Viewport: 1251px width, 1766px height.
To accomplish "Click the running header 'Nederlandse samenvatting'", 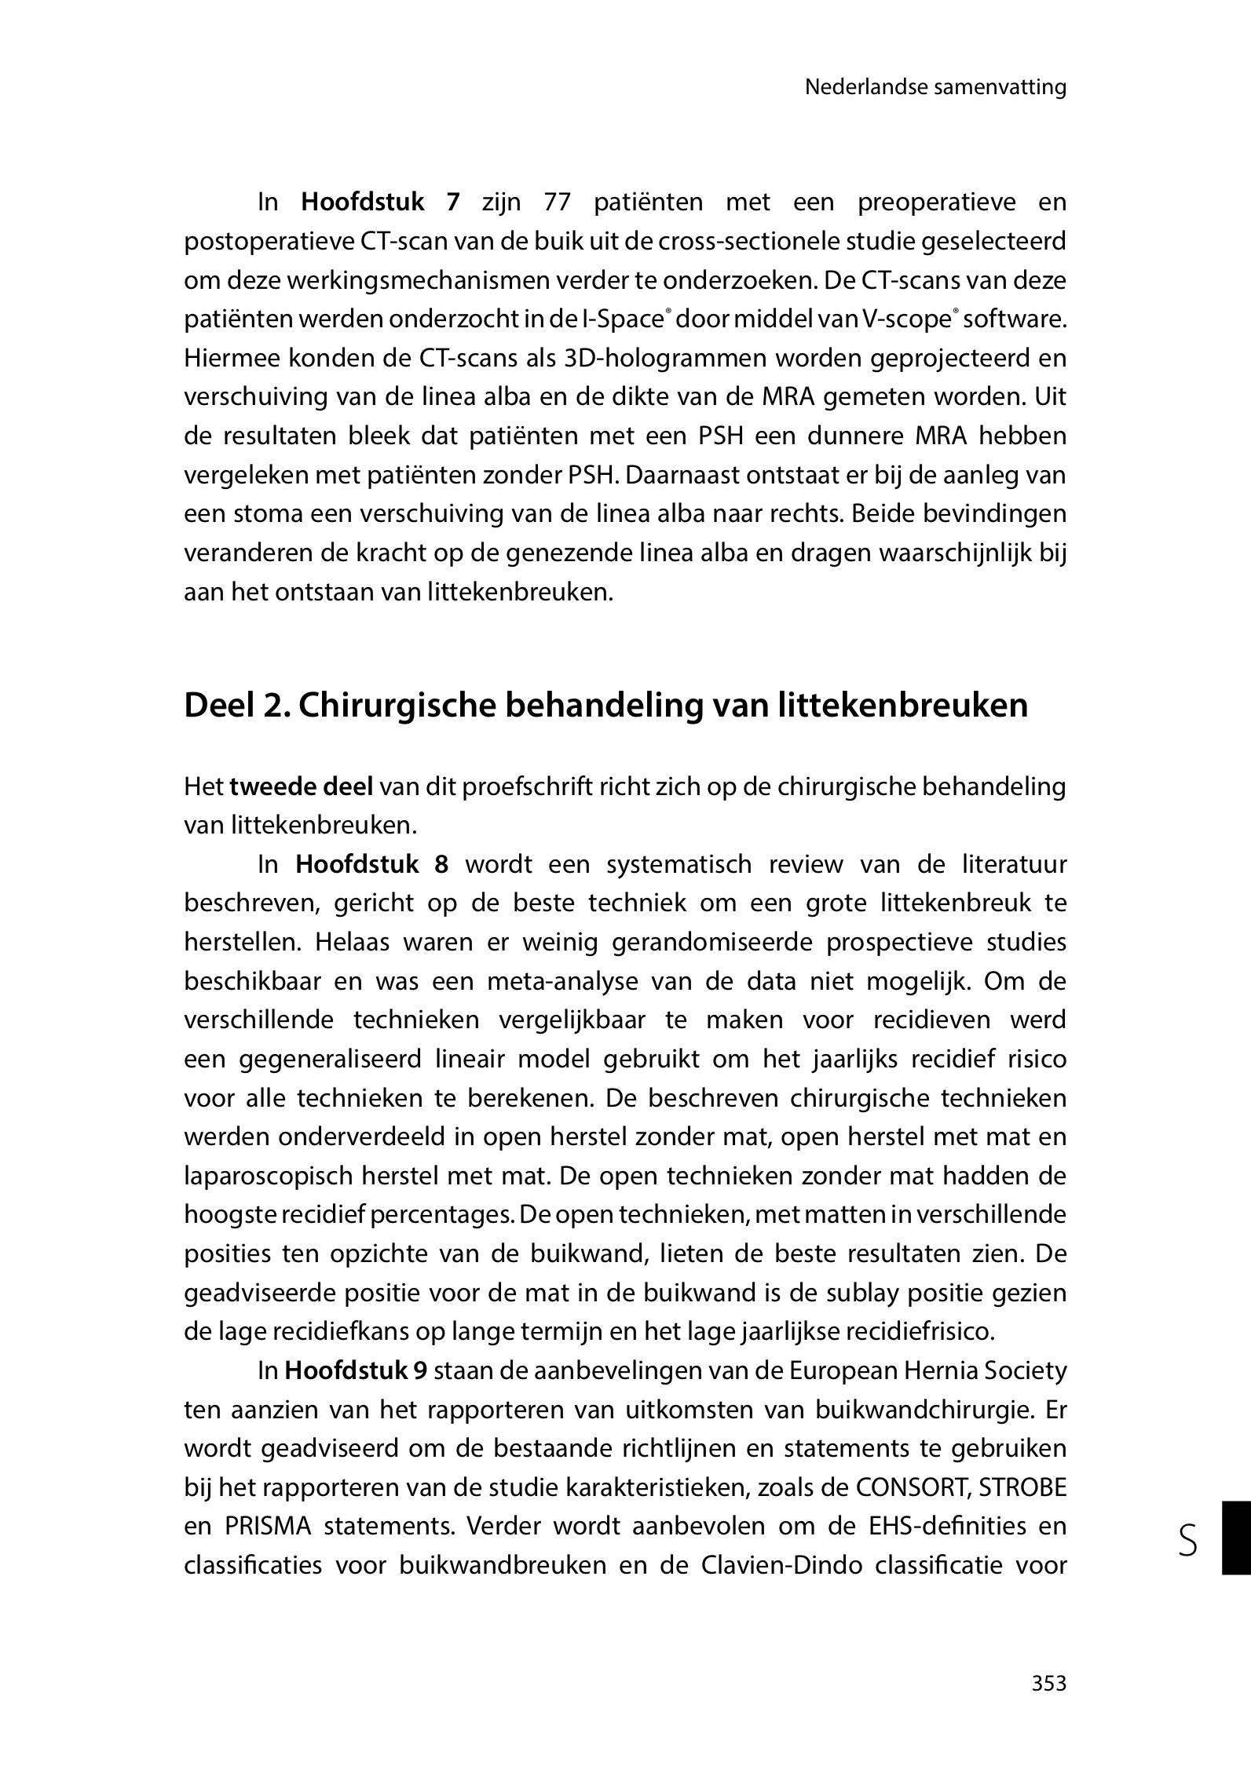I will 935,87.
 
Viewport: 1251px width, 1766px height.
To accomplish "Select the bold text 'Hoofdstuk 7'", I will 379,203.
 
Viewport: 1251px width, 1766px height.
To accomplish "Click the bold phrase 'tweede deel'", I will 301,786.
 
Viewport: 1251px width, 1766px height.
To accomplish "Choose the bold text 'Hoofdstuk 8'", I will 371,864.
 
